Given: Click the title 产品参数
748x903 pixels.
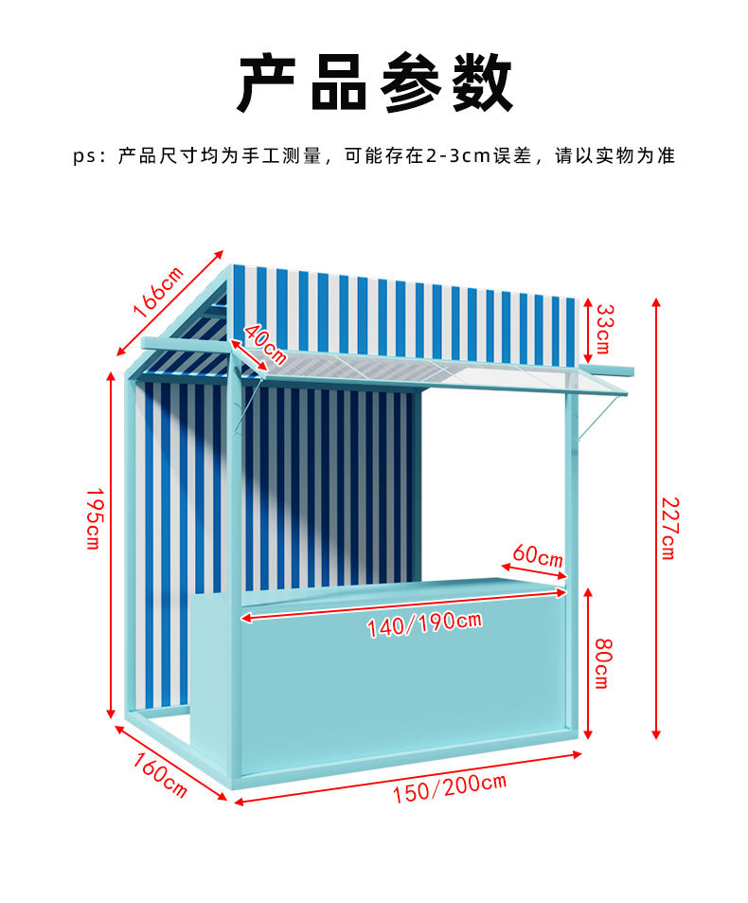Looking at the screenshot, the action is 374,84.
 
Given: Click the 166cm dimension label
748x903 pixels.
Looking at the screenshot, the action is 158,291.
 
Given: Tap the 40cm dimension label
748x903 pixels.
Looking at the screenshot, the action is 265,343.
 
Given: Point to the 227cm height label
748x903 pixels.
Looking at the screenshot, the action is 668,528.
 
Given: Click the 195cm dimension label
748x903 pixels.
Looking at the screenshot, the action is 93,518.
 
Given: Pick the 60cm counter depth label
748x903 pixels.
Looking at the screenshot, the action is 538,554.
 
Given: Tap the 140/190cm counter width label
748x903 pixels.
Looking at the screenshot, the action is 424,624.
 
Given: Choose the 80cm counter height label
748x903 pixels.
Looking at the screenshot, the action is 602,663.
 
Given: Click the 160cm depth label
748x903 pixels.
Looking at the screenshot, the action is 159,774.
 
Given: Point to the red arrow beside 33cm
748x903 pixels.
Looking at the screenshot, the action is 588,331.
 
